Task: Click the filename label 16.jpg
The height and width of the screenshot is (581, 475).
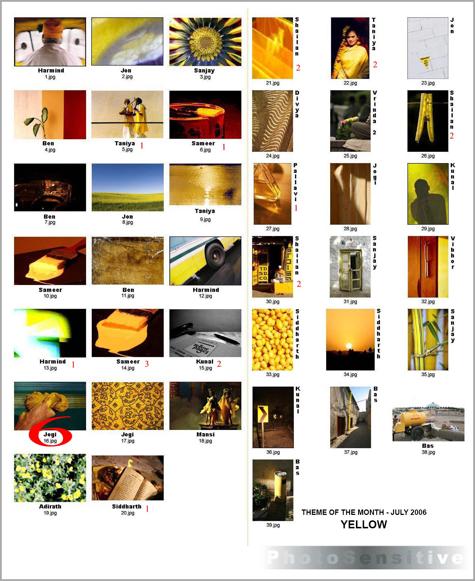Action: pos(50,441)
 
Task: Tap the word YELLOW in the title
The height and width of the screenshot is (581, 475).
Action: pos(364,524)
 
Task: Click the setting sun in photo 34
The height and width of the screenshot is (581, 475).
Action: pos(349,346)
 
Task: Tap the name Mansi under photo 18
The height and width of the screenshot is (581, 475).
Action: pos(205,434)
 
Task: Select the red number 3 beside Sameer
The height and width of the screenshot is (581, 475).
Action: pos(147,364)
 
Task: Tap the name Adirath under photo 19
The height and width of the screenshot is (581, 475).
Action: pos(50,506)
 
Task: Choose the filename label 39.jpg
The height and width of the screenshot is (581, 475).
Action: pos(273,525)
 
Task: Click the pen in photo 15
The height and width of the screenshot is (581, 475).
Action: pos(226,339)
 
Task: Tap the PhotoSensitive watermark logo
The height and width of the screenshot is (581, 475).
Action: pos(365,558)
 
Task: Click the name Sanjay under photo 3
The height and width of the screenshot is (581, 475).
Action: pos(204,70)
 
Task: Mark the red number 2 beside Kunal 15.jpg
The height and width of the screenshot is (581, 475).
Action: pos(219,364)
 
